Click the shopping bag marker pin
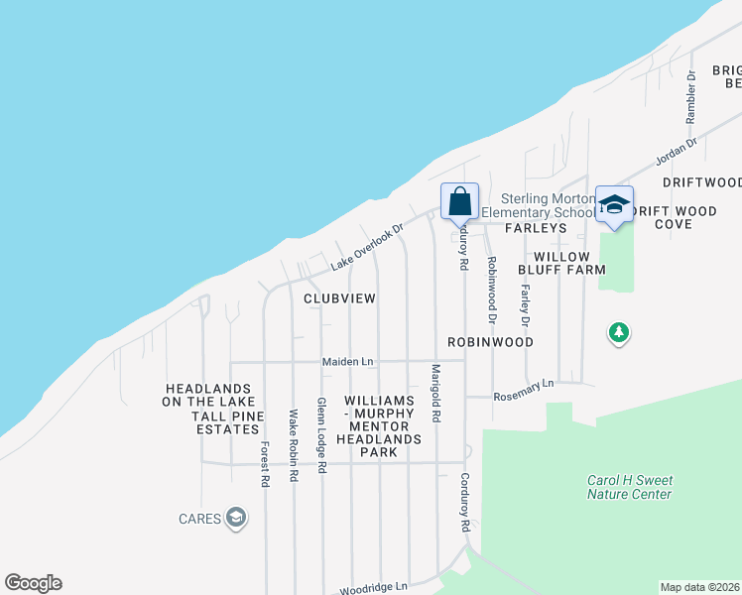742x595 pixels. tap(460, 202)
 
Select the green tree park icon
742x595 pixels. tap(619, 332)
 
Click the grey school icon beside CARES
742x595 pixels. tap(235, 518)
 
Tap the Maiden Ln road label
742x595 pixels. tap(347, 362)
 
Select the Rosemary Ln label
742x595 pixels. tap(526, 388)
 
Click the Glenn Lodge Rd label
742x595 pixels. tap(320, 435)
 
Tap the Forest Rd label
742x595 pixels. tap(265, 464)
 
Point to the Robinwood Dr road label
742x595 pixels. tap(491, 290)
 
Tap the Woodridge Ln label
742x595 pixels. tap(374, 588)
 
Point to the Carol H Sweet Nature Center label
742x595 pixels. tap(629, 487)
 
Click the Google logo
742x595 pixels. tap(33, 583)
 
